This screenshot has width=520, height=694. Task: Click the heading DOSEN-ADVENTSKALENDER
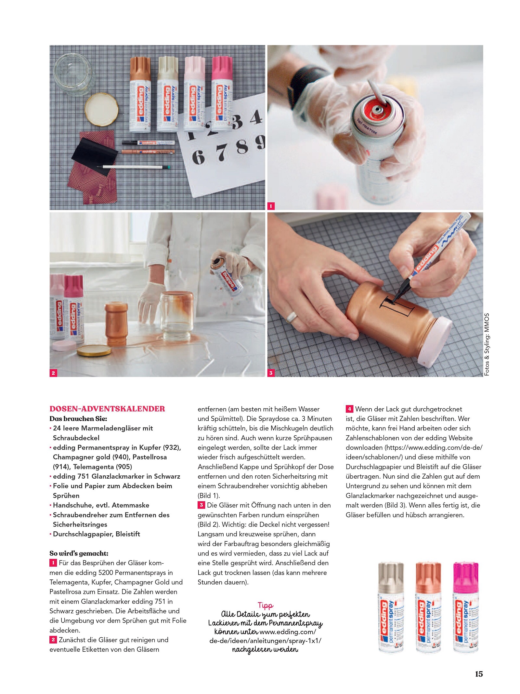click(107, 409)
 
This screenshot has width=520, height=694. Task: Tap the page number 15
click(479, 674)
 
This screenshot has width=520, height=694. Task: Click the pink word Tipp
click(265, 606)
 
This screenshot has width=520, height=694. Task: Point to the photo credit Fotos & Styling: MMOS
click(487, 345)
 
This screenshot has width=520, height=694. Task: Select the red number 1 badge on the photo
click(271, 206)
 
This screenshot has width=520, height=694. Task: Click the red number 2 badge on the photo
click(53, 373)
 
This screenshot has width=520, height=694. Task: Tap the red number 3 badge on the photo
click(271, 373)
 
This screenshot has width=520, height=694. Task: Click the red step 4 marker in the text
click(349, 409)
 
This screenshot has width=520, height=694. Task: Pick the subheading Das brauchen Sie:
click(78, 418)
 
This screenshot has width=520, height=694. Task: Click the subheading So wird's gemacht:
click(79, 553)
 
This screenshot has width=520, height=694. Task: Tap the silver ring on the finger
click(292, 317)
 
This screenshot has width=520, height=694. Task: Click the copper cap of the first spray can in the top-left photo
click(140, 69)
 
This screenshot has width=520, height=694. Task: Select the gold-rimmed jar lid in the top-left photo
click(102, 109)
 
